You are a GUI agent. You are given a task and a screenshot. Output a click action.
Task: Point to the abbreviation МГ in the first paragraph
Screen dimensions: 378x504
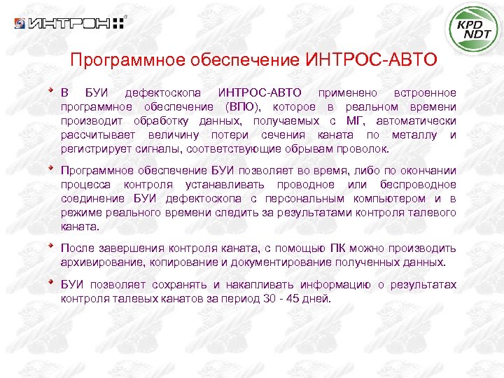pyautogui.click(x=375, y=120)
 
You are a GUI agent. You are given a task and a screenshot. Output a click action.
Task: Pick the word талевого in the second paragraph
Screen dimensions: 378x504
pyautogui.click(x=433, y=213)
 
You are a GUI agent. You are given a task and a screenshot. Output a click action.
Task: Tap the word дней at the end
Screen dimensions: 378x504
pyautogui.click(x=314, y=299)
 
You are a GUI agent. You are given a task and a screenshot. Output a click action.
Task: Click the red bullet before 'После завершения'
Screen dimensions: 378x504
pyautogui.click(x=50, y=246)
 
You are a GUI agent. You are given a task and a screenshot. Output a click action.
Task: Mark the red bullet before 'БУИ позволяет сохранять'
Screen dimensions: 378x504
pyautogui.click(x=50, y=282)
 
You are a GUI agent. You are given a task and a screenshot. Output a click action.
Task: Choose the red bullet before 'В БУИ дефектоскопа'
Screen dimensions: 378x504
pyautogui.click(x=50, y=90)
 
